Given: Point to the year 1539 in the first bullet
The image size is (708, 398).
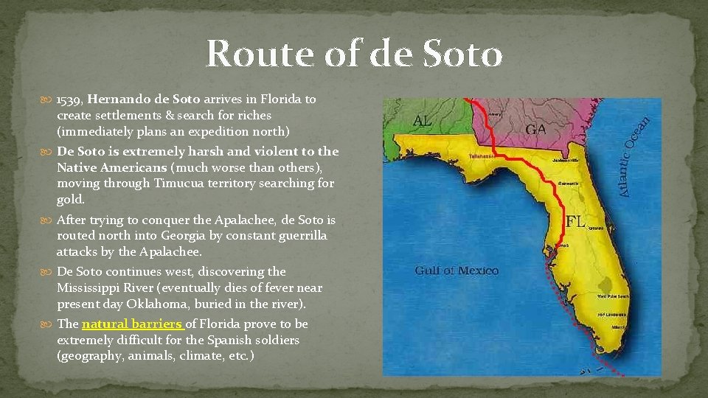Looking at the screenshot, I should [70, 99].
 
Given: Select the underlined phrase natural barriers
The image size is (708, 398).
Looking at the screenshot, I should [133, 324].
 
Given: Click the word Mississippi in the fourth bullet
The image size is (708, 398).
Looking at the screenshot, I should [94, 287].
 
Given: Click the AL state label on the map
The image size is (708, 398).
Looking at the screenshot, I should [423, 120].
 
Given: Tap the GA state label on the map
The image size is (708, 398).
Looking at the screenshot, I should [535, 129].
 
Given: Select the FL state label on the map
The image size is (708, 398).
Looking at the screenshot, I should [576, 220].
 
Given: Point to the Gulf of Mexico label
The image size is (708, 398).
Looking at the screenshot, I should [457, 270].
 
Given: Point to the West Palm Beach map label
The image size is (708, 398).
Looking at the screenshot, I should [613, 296].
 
